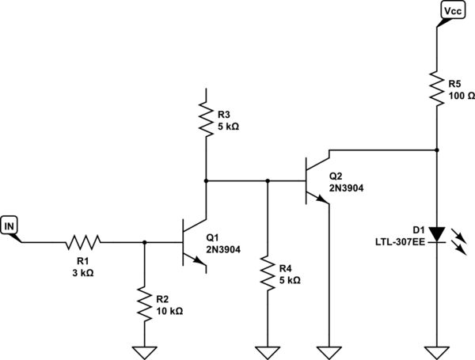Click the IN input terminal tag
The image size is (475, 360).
[x=11, y=227]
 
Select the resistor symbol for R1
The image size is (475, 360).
[x=83, y=241]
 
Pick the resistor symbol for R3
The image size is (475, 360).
[x=206, y=118]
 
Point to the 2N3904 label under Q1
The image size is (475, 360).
[x=223, y=249]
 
